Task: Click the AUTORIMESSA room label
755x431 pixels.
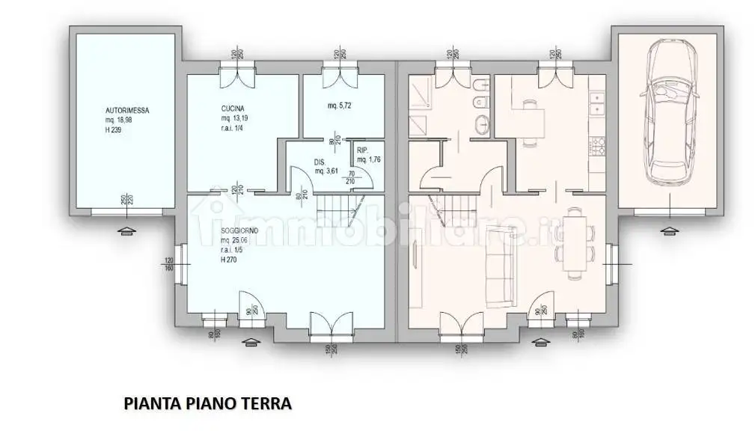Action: (x=126, y=110)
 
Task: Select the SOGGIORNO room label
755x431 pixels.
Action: (x=239, y=231)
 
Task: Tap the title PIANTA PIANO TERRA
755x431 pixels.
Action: (x=207, y=405)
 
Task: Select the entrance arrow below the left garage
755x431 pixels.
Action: (x=126, y=230)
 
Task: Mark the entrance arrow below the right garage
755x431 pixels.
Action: (x=668, y=230)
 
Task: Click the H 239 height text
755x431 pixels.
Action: (x=115, y=129)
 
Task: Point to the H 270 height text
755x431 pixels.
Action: (x=229, y=260)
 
